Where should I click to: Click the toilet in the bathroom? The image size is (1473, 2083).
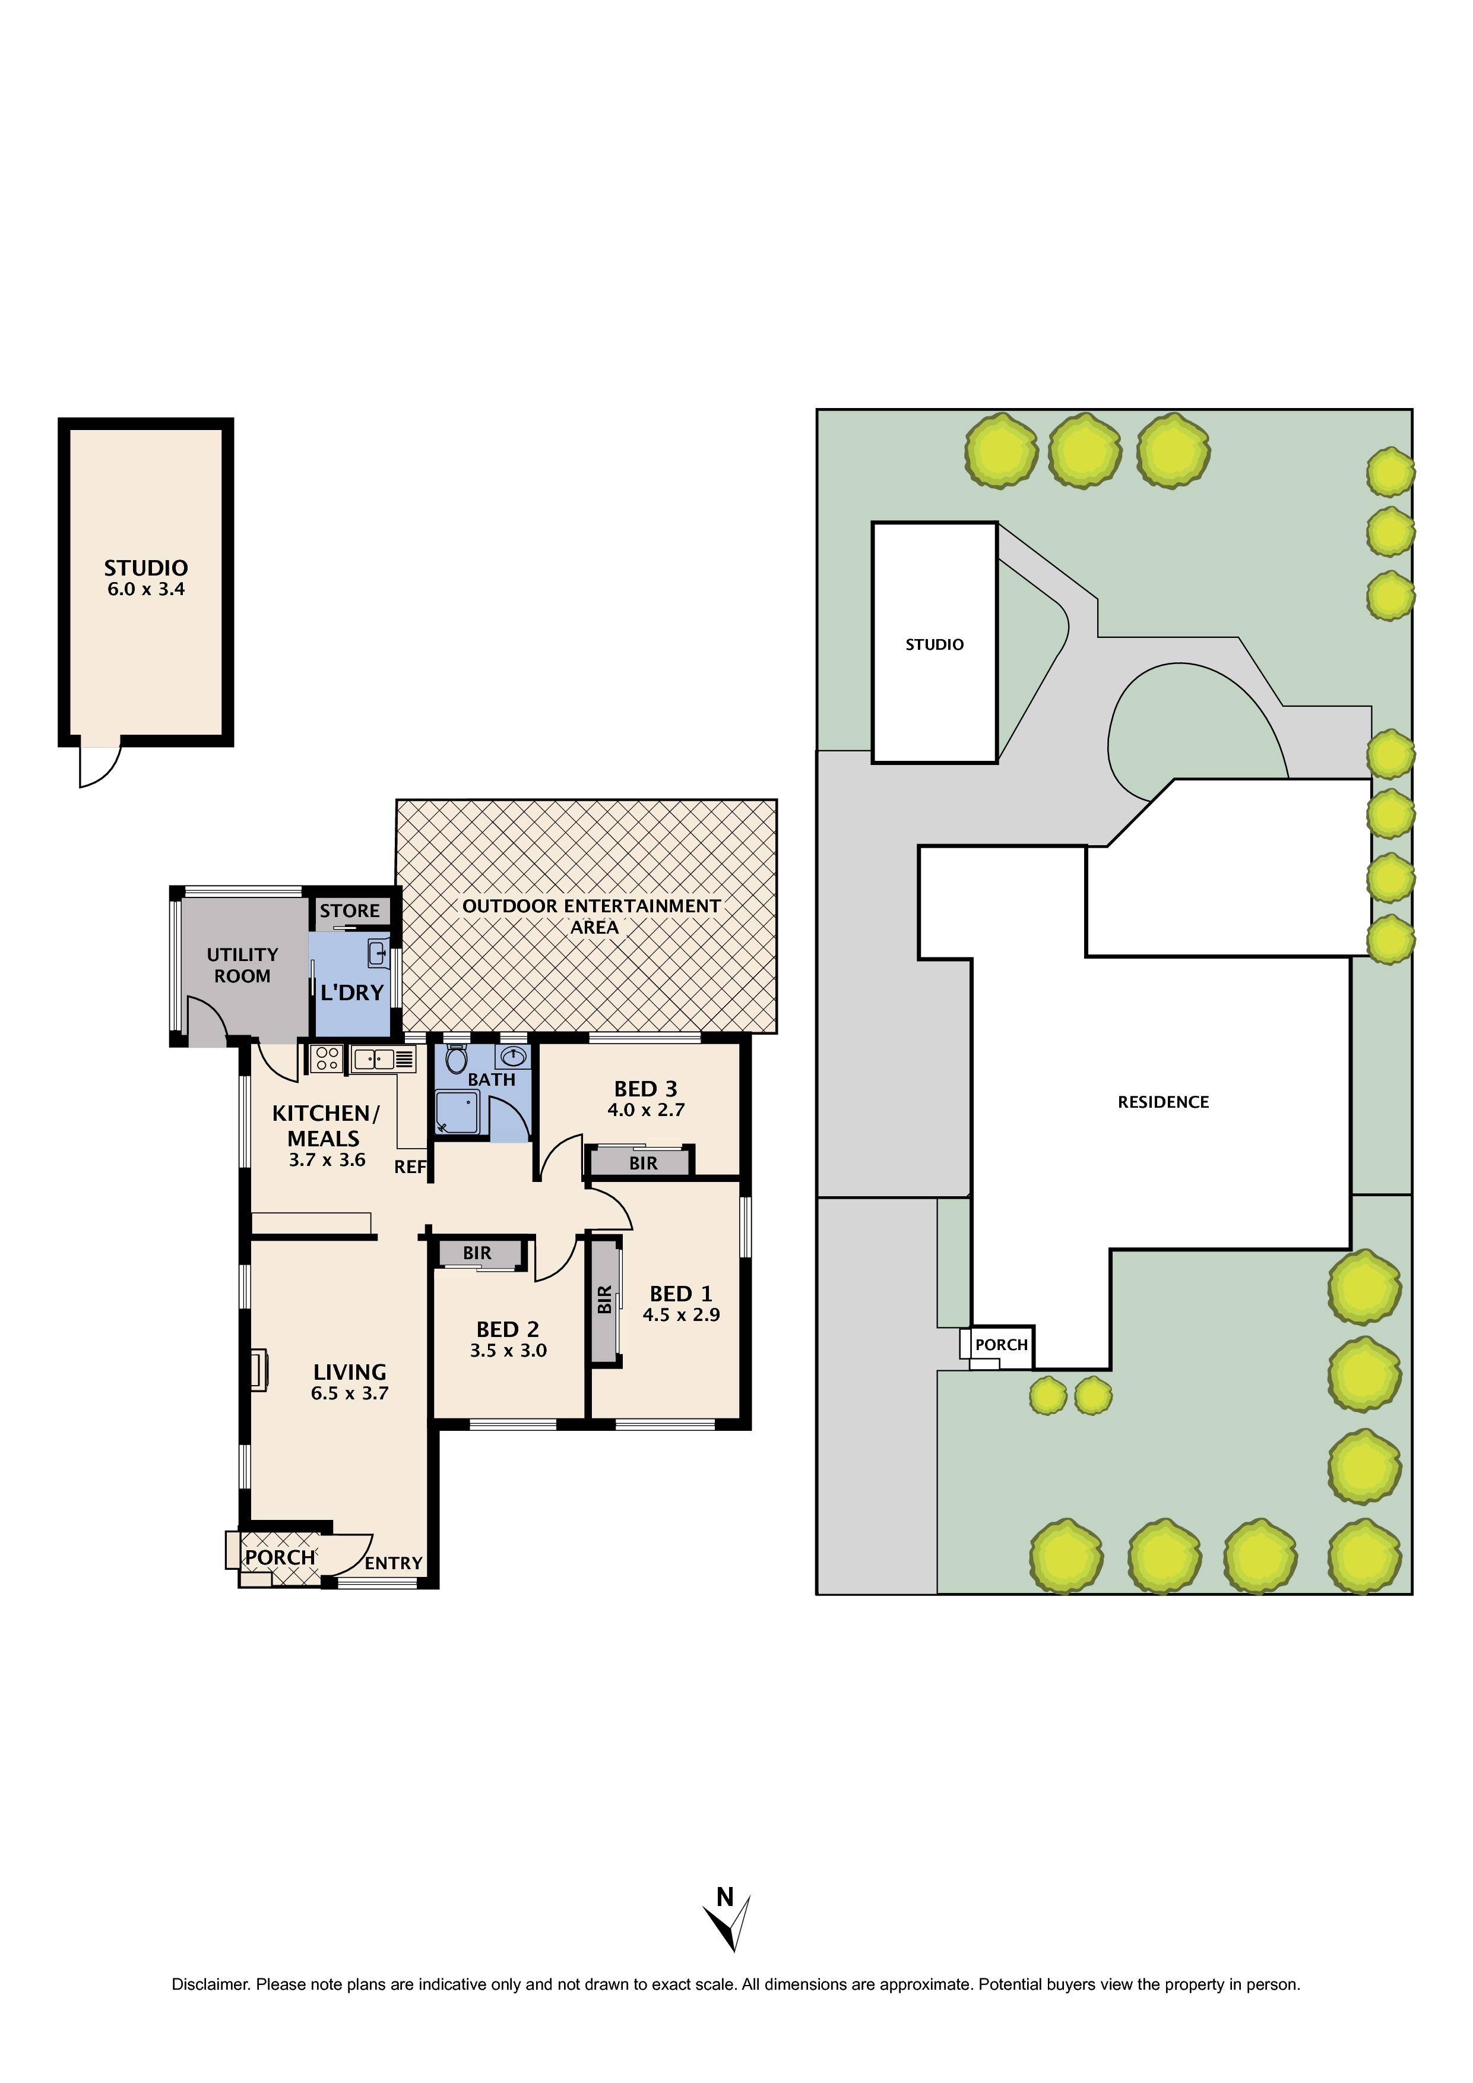coord(456,1060)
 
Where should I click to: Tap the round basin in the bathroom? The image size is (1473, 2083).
coord(514,1057)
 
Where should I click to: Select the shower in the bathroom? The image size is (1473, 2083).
coord(457,1113)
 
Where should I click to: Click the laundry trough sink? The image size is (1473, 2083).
coord(378,953)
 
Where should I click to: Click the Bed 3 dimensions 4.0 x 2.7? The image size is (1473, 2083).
coord(646,1110)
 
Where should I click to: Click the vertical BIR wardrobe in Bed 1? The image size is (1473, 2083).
coord(605,1300)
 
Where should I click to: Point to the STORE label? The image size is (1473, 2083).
coord(349,911)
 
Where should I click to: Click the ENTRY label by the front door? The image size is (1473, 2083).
coord(394,1563)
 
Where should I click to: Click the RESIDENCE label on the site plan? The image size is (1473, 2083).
coord(1163,1102)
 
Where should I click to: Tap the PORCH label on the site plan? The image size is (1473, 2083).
coord(1002,1345)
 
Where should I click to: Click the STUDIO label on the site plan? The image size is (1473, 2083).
coord(935,645)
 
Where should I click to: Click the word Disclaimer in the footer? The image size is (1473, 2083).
coord(210,1984)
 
